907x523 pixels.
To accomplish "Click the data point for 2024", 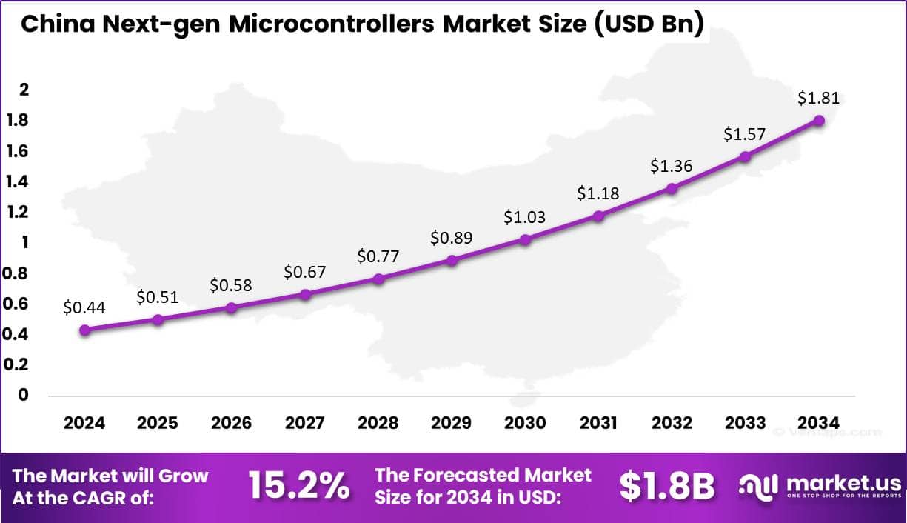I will click(x=84, y=330).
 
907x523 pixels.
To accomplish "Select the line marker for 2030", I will click(x=525, y=239).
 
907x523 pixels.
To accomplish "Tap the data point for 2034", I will click(x=819, y=120).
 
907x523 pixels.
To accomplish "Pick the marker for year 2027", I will click(x=305, y=294).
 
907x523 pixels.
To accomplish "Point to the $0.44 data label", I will click(x=84, y=307).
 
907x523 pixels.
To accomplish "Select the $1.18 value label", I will click(x=598, y=194).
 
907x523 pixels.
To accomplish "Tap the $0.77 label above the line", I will click(x=378, y=257).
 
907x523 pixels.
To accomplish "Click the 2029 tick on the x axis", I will click(x=451, y=423).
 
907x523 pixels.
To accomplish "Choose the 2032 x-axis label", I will click(x=672, y=423).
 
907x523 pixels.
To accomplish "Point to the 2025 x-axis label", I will click(x=158, y=423).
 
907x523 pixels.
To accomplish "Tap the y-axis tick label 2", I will click(x=24, y=90).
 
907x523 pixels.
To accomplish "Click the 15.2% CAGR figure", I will click(x=298, y=486).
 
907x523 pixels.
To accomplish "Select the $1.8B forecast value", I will click(x=666, y=486).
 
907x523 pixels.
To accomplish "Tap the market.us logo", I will click(x=820, y=486).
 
